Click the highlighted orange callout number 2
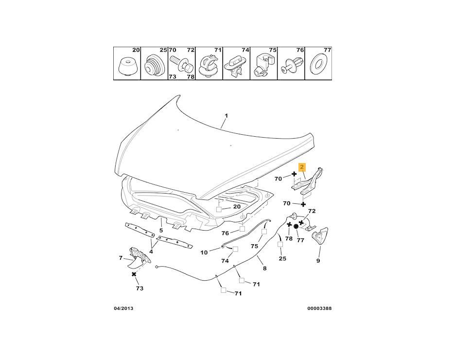click(x=302, y=167)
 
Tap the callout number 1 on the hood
click(x=226, y=116)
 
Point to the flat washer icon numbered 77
click(x=319, y=63)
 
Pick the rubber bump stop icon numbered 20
click(x=125, y=66)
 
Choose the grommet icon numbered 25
click(x=153, y=65)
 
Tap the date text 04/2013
click(x=123, y=308)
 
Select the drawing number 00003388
click(x=319, y=308)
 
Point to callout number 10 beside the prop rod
click(x=204, y=252)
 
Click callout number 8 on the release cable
click(x=265, y=268)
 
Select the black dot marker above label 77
click(x=296, y=227)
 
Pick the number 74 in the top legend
click(x=245, y=50)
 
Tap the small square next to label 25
click(x=280, y=245)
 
